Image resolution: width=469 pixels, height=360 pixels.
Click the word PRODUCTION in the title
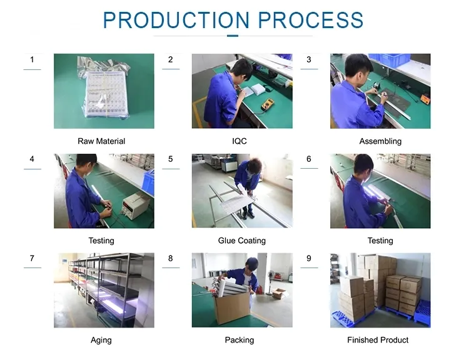tap(176, 21)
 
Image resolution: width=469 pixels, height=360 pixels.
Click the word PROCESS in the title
tap(310, 21)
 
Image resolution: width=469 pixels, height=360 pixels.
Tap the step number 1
tap(32, 59)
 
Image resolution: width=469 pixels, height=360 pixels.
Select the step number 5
tap(171, 159)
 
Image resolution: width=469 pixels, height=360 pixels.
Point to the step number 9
tap(309, 258)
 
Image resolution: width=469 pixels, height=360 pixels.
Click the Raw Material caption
tap(101, 141)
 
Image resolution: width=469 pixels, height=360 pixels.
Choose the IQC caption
tap(240, 141)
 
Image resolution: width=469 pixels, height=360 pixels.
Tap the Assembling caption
tap(380, 141)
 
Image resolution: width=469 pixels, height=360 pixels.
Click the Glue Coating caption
tap(241, 241)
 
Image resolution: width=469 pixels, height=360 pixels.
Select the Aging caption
tap(101, 340)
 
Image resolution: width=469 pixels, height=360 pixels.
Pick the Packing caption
tap(240, 340)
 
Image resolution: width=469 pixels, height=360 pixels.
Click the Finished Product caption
tap(378, 340)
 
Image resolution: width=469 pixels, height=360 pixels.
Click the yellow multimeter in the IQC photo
tap(268, 104)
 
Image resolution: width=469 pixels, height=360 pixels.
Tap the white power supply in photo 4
tap(136, 205)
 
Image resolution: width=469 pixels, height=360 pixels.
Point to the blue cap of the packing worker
tap(253, 262)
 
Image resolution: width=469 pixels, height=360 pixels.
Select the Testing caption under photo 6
tap(380, 241)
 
